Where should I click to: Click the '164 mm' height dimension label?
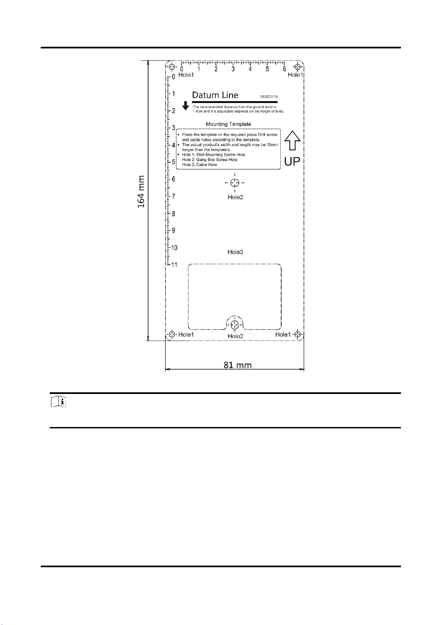click(141, 192)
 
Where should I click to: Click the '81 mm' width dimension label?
click(238, 365)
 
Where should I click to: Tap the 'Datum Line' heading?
click(215, 95)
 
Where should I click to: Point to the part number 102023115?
click(269, 96)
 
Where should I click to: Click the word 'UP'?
click(292, 162)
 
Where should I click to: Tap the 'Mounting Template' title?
click(228, 124)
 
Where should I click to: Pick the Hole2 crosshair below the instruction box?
click(235, 183)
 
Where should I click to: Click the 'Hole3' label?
click(235, 252)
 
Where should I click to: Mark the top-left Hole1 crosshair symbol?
click(171, 66)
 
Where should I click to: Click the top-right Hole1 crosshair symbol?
click(298, 66)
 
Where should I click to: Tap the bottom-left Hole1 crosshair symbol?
click(171, 334)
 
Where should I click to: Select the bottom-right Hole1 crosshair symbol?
click(298, 334)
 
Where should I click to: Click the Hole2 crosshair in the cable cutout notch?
click(235, 325)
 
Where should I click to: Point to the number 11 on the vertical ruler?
click(174, 265)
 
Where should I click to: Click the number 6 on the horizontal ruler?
click(284, 69)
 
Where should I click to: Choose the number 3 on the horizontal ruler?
click(233, 69)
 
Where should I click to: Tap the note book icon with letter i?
click(59, 402)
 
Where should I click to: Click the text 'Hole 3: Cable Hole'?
click(199, 165)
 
